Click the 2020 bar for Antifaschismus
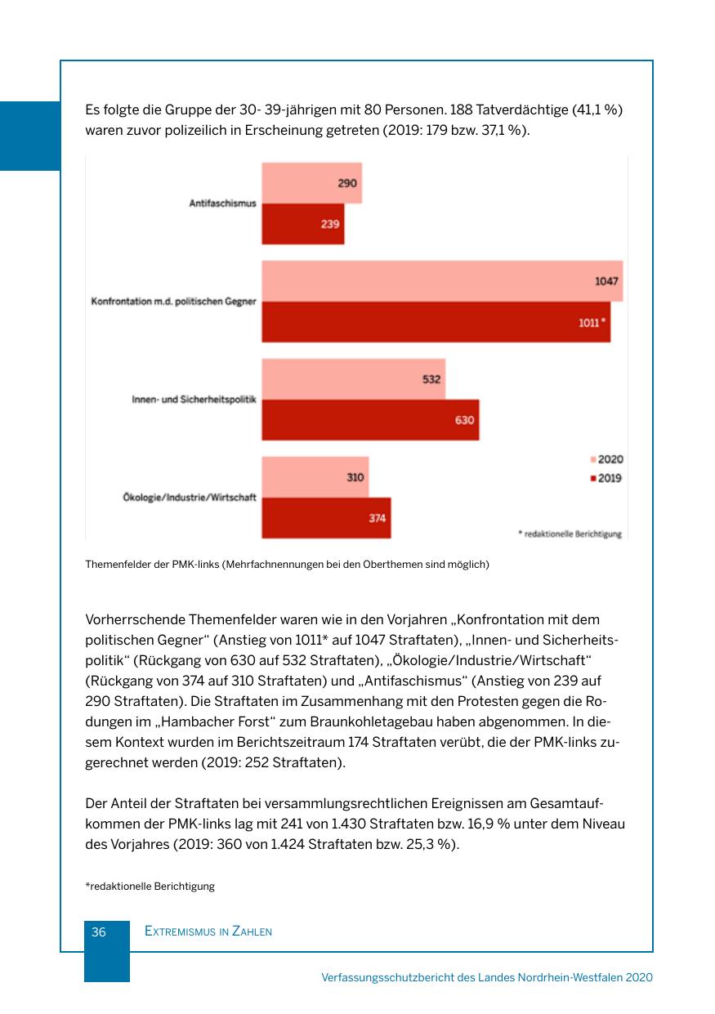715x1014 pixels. tap(311, 183)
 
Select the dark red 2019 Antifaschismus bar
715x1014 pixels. tap(302, 224)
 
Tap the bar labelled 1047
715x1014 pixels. tap(441, 281)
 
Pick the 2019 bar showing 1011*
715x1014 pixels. tap(436, 322)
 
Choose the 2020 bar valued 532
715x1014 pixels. tap(353, 379)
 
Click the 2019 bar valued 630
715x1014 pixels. tap(370, 420)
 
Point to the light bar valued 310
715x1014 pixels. tap(315, 477)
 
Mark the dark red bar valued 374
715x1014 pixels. tap(326, 518)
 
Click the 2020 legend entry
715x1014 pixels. tap(606, 460)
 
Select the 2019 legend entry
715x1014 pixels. tap(606, 478)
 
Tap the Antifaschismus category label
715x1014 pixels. tap(223, 203)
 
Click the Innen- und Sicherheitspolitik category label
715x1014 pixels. tap(194, 400)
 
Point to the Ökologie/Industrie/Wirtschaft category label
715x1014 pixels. tap(184, 498)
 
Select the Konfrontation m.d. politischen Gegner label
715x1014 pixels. tap(173, 302)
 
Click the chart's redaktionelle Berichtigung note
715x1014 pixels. tap(570, 534)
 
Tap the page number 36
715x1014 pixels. tap(99, 931)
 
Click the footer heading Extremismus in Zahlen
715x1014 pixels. tap(208, 931)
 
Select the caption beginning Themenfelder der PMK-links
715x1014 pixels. tap(287, 564)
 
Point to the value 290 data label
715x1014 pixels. tap(347, 183)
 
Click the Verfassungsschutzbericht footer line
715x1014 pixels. tap(487, 977)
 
